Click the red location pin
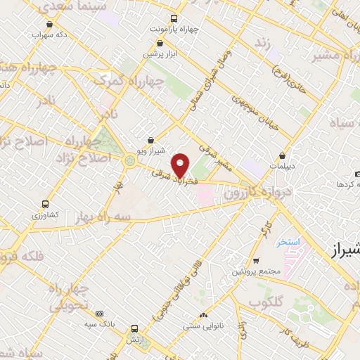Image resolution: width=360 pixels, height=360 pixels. pos(181,165)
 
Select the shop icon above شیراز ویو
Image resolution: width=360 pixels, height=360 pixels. pos(150,140)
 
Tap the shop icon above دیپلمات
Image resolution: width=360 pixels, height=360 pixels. pos(282,155)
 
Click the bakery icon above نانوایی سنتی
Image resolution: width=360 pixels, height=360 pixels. pos(203,315)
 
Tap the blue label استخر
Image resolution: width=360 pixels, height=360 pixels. pos(288,242)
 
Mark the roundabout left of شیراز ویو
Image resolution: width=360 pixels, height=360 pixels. pos(129,161)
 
